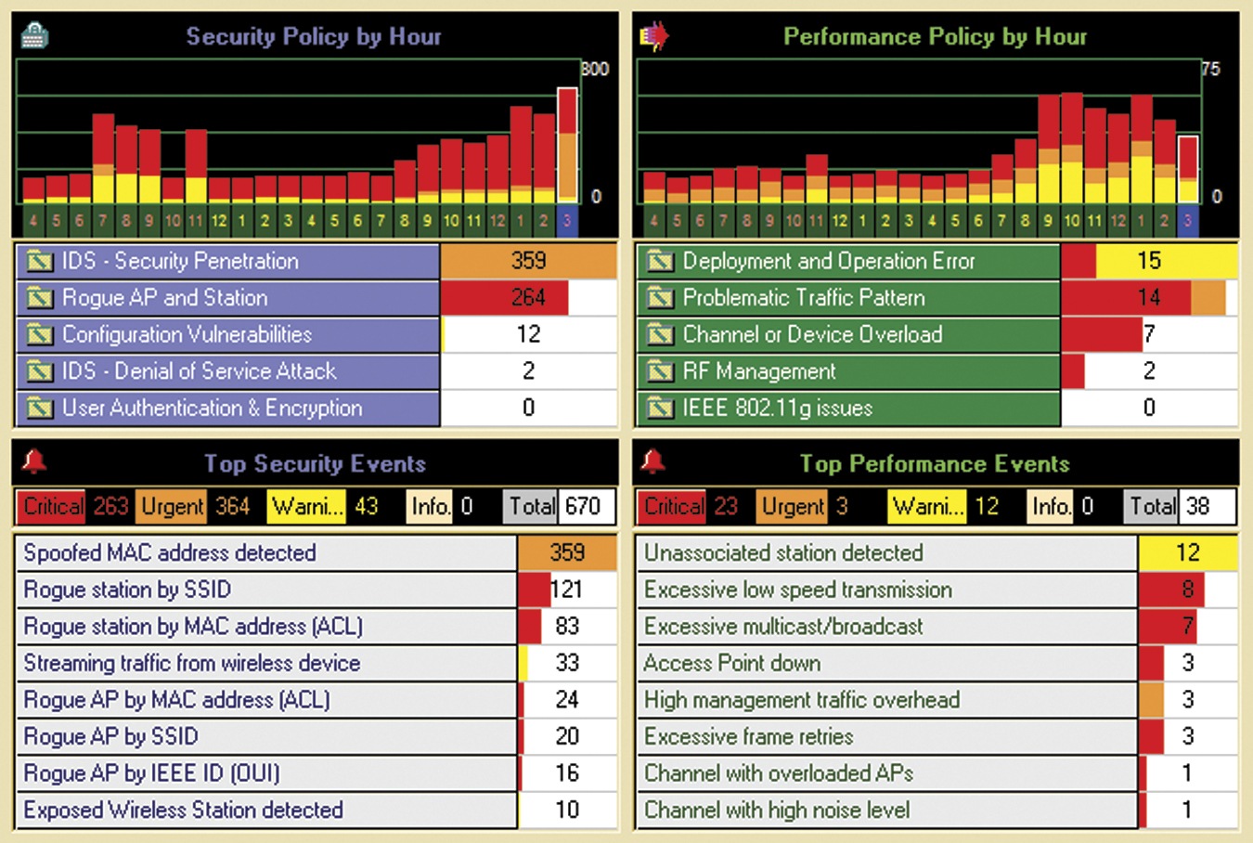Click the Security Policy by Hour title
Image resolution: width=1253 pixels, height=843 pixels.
tap(313, 36)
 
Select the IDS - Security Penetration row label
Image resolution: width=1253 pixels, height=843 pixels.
tap(180, 261)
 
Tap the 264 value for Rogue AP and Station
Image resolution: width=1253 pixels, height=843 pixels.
tap(528, 298)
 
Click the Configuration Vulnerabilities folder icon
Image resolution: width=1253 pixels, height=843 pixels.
tap(40, 334)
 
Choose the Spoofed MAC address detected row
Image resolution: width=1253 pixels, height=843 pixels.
tap(170, 552)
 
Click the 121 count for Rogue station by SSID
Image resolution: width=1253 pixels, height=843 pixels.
tap(566, 590)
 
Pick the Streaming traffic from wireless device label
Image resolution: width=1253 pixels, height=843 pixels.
tap(191, 663)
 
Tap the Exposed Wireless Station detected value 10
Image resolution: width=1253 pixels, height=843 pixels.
tap(567, 810)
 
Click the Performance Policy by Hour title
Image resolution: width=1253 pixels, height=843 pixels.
tap(935, 36)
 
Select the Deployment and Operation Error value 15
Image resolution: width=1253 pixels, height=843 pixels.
tap(1149, 261)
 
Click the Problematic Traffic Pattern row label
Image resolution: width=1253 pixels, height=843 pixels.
tap(804, 298)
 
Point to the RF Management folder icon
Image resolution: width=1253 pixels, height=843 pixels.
tap(660, 371)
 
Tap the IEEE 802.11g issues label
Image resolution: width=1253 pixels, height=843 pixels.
tap(778, 408)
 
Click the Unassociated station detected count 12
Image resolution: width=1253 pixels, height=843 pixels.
tap(1187, 552)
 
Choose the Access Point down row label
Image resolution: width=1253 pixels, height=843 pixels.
tap(732, 663)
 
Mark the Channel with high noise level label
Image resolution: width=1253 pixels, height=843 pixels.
tap(777, 810)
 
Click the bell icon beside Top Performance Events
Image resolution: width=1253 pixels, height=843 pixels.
tap(653, 461)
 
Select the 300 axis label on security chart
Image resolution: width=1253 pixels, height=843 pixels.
tap(595, 69)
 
